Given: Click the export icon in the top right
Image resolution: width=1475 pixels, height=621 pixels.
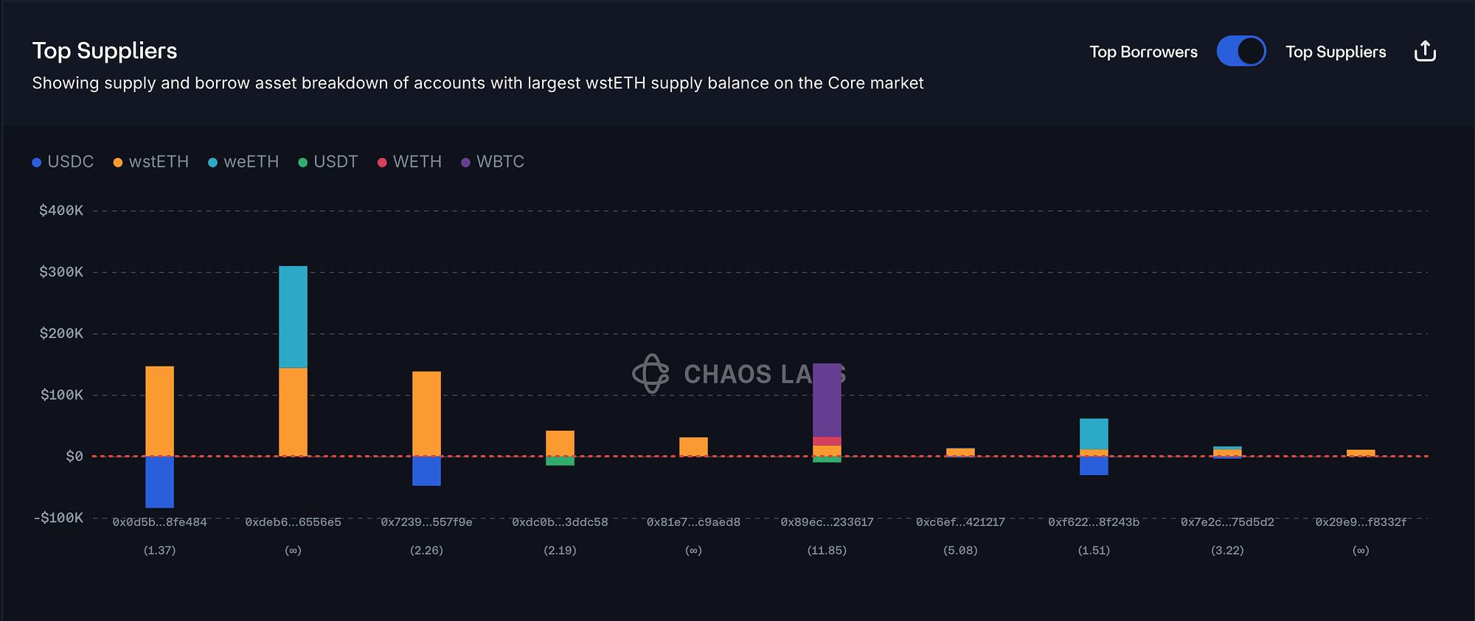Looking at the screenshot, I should click(1425, 51).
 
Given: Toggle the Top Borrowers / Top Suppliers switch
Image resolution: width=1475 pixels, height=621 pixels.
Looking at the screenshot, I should click(1240, 51).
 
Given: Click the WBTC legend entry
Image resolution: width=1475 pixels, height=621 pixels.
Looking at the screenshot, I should click(493, 162).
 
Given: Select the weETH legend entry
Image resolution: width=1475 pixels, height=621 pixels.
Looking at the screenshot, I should click(243, 162).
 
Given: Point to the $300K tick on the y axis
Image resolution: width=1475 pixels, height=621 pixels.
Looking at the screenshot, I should click(61, 272).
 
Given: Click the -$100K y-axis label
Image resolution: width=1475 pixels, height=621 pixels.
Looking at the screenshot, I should click(59, 518).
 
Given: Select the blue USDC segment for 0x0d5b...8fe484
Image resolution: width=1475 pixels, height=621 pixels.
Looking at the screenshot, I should click(159, 482).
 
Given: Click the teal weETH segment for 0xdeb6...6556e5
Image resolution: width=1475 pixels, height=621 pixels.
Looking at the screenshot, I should click(293, 317).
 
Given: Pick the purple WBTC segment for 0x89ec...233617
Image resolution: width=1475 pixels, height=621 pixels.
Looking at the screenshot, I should click(827, 400).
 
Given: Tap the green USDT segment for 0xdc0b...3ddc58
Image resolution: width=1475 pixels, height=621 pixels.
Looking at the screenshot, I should click(560, 461).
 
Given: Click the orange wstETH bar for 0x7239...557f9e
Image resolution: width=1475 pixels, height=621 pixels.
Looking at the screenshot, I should click(426, 413).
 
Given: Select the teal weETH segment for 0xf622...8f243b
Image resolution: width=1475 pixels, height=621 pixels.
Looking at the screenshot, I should click(1094, 434).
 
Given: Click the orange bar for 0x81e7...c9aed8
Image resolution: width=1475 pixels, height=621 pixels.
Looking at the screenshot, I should click(693, 446).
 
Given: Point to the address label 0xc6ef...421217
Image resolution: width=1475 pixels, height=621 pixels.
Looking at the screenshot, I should click(960, 522).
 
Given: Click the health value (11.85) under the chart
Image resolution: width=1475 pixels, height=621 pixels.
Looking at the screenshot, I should click(827, 550).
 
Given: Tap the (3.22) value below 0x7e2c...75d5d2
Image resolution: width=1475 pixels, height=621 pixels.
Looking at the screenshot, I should click(1227, 550).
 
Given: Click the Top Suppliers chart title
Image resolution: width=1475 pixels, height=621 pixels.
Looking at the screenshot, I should click(105, 51).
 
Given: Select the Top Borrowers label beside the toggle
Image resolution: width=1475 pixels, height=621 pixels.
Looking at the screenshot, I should click(1143, 52).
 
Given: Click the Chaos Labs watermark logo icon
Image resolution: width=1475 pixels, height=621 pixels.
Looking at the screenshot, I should click(650, 373).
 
